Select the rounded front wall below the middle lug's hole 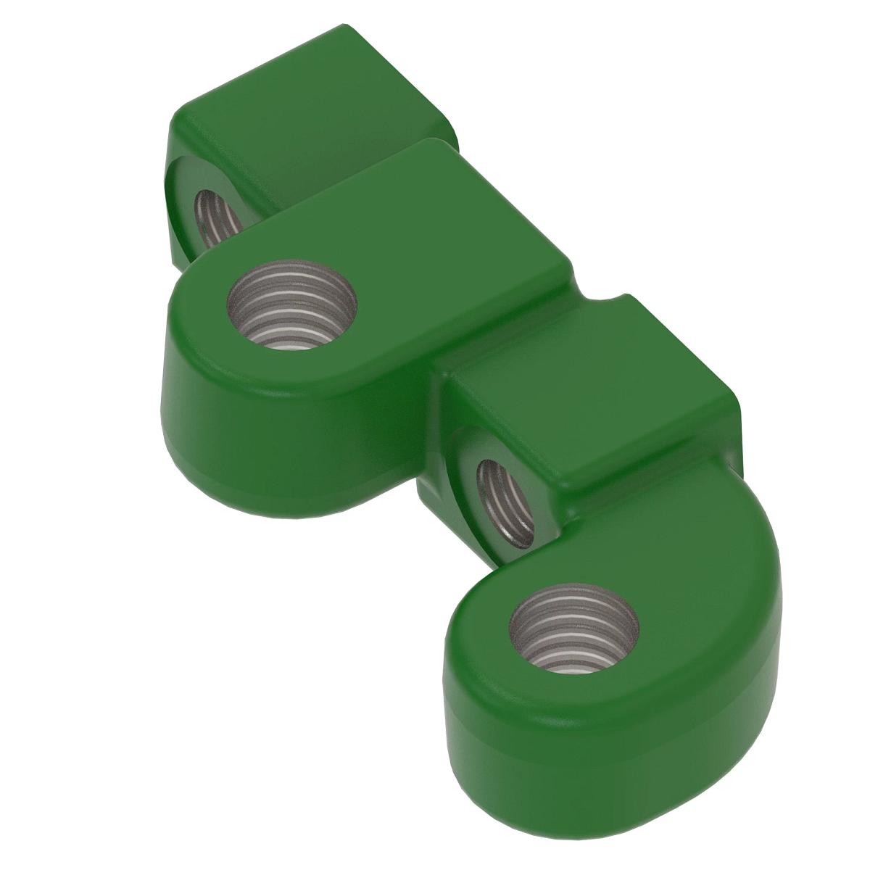(290, 435)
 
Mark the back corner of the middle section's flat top (435, 141)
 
